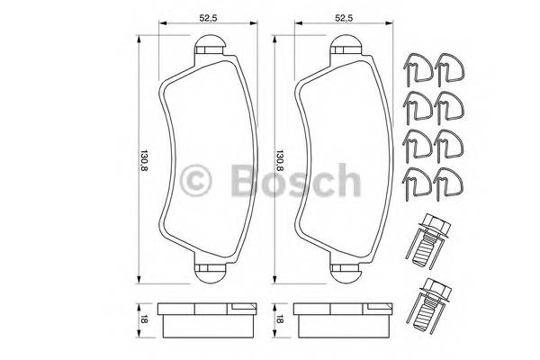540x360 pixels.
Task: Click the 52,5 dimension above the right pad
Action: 341,15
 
